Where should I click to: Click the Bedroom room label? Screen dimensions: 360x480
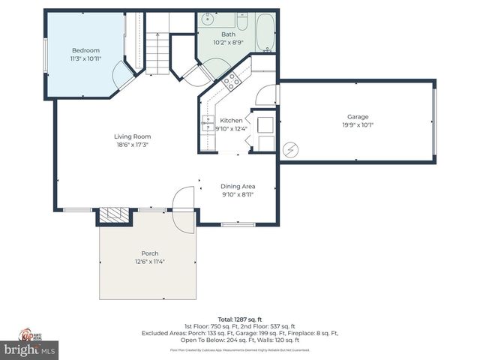click(x=85, y=50)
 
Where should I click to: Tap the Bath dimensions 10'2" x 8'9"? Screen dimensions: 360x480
click(x=228, y=43)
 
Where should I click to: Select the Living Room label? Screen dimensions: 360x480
click(x=132, y=136)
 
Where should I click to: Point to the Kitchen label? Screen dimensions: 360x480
click(x=231, y=120)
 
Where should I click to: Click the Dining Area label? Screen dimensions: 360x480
click(x=238, y=186)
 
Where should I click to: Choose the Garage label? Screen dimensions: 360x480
click(x=357, y=116)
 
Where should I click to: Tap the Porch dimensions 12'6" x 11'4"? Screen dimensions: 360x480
click(x=149, y=262)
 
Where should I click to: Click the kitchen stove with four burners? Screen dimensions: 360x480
click(x=230, y=79)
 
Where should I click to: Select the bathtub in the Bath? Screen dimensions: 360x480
click(x=265, y=31)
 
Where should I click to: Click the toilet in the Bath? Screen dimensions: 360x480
click(x=242, y=21)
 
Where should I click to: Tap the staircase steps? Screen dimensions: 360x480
click(x=156, y=52)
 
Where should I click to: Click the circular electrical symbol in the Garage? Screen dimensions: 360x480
click(x=290, y=148)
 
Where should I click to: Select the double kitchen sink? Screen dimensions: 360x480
click(x=207, y=124)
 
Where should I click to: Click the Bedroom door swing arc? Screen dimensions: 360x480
click(x=120, y=75)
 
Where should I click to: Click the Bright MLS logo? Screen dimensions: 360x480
click(x=30, y=349)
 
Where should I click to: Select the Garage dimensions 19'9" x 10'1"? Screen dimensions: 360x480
click(x=357, y=125)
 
